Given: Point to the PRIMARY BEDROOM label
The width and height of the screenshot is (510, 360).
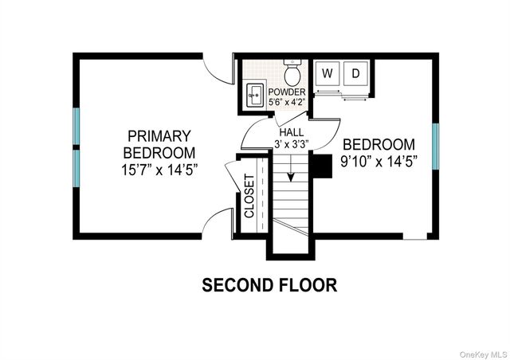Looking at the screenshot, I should [x=159, y=143].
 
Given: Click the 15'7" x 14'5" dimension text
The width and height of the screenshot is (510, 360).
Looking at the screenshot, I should [x=159, y=169].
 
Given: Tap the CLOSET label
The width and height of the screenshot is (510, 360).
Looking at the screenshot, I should [x=249, y=197].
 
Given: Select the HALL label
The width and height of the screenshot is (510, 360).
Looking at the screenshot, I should [x=290, y=131].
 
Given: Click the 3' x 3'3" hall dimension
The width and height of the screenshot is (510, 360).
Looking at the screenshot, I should [x=291, y=144].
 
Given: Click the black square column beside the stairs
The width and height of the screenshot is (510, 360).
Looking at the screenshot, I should [x=320, y=166].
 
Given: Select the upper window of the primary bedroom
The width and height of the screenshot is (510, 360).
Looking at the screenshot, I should [x=76, y=127].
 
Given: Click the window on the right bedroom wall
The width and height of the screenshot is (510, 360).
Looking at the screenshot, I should [x=435, y=147].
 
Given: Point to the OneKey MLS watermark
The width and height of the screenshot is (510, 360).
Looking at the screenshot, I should [x=481, y=350].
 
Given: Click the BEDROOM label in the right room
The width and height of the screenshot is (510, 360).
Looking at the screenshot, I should [x=379, y=144].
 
